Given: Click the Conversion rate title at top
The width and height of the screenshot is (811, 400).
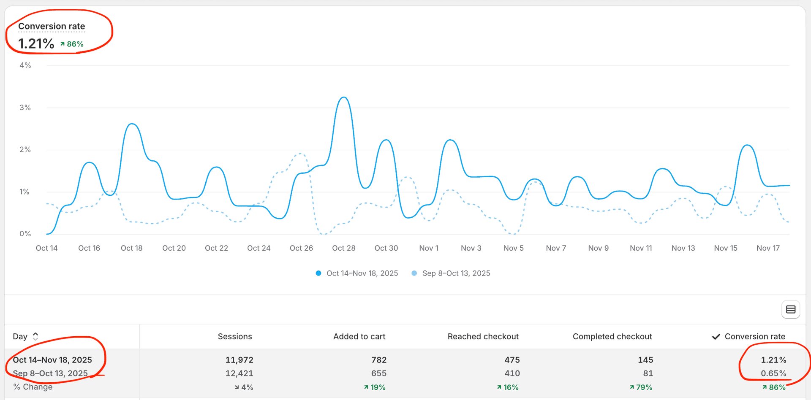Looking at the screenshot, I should [x=52, y=26].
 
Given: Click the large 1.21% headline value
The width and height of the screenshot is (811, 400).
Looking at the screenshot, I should [x=36, y=43].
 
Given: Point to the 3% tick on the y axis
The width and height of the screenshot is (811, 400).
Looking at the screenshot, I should [x=25, y=108].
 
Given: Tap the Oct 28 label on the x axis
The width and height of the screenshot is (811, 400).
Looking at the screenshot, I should [x=343, y=248].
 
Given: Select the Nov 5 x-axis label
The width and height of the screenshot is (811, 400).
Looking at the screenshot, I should [x=513, y=248].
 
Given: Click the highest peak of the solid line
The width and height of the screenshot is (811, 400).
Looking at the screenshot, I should [x=344, y=97].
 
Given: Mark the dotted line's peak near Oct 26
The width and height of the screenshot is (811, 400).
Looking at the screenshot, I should [x=300, y=154].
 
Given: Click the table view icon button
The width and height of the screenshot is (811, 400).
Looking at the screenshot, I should [x=790, y=310].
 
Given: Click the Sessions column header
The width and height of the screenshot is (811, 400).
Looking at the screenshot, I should [x=235, y=337].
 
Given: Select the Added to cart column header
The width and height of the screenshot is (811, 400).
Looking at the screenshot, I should [x=359, y=337].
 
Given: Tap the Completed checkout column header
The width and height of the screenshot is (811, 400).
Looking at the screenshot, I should [x=612, y=337].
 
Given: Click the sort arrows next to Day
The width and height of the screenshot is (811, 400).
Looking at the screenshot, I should [x=35, y=336].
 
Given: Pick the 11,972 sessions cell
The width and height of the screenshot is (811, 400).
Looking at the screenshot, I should [x=239, y=360].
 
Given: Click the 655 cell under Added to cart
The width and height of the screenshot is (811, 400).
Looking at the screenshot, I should [x=378, y=373].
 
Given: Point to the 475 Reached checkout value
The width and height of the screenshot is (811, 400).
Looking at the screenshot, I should [x=512, y=360].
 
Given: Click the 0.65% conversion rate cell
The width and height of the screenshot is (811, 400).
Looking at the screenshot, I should [x=773, y=373].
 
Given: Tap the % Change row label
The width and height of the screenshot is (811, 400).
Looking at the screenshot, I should [x=33, y=387].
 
